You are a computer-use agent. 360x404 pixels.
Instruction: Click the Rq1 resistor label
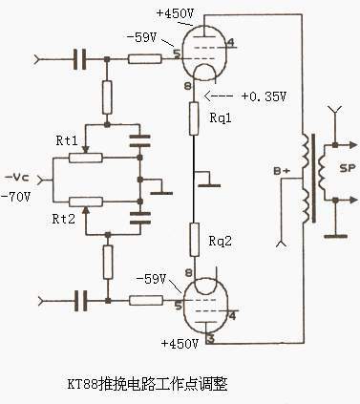(221, 118)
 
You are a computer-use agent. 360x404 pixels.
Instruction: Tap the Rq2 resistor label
(221, 241)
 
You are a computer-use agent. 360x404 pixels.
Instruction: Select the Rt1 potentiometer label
(67, 140)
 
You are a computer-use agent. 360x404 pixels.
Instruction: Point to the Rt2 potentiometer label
(64, 219)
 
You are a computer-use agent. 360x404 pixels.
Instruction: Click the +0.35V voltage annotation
(265, 96)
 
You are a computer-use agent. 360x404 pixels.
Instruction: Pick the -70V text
(16, 198)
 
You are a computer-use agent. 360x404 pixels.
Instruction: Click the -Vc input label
(17, 178)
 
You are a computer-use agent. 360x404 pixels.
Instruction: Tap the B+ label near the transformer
(282, 171)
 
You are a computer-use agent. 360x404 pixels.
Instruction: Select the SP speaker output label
(347, 168)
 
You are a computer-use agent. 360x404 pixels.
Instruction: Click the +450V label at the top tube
(175, 13)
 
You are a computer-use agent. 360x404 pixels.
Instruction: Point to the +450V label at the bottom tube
(180, 344)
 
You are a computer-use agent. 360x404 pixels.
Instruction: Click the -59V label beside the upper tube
(141, 37)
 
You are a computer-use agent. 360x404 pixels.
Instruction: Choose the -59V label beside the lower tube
(151, 279)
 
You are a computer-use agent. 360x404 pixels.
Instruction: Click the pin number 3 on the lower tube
(210, 339)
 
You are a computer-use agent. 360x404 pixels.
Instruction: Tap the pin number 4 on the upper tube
(231, 42)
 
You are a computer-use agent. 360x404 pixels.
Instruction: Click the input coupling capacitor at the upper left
(79, 59)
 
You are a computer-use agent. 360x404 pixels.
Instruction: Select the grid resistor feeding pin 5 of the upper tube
(145, 59)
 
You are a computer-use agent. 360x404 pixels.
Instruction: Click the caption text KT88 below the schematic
(82, 384)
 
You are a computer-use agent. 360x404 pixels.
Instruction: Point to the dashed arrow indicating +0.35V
(219, 96)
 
